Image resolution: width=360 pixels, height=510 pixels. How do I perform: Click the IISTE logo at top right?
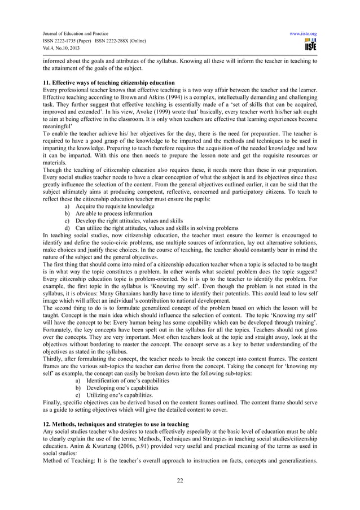pyautogui.click(x=310, y=45)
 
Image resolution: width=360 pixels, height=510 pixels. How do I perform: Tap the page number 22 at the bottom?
pyautogui.click(x=179, y=481)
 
